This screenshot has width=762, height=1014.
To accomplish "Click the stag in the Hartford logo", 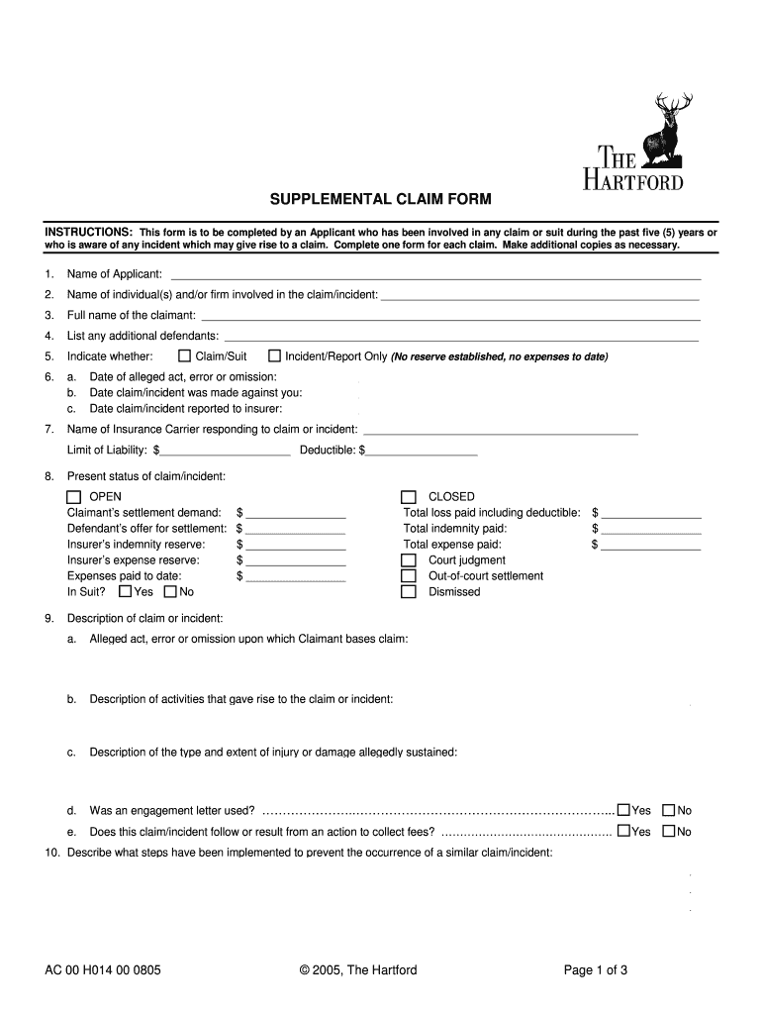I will [661, 132].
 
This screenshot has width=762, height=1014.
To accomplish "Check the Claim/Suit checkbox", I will [184, 356].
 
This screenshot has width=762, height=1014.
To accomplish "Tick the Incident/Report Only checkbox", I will [275, 356].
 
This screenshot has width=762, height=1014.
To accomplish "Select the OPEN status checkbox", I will [74, 497].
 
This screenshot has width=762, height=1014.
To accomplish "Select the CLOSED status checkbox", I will [408, 497].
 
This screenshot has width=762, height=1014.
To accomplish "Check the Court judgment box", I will [408, 560].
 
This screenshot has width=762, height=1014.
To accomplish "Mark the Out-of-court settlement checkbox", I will [408, 576].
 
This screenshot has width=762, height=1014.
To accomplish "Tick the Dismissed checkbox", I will [408, 592].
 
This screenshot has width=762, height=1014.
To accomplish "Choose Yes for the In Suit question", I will [125, 592].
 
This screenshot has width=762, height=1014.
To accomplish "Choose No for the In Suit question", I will [170, 592].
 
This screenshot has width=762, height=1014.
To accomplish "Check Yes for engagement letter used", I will [623, 810].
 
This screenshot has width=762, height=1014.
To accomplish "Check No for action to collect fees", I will [669, 832].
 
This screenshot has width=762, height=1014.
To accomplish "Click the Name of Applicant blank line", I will [435, 275].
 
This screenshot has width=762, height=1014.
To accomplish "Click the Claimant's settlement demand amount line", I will [296, 513].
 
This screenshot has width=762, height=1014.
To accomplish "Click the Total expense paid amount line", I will [651, 545].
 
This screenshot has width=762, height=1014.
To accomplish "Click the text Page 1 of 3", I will [596, 970].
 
